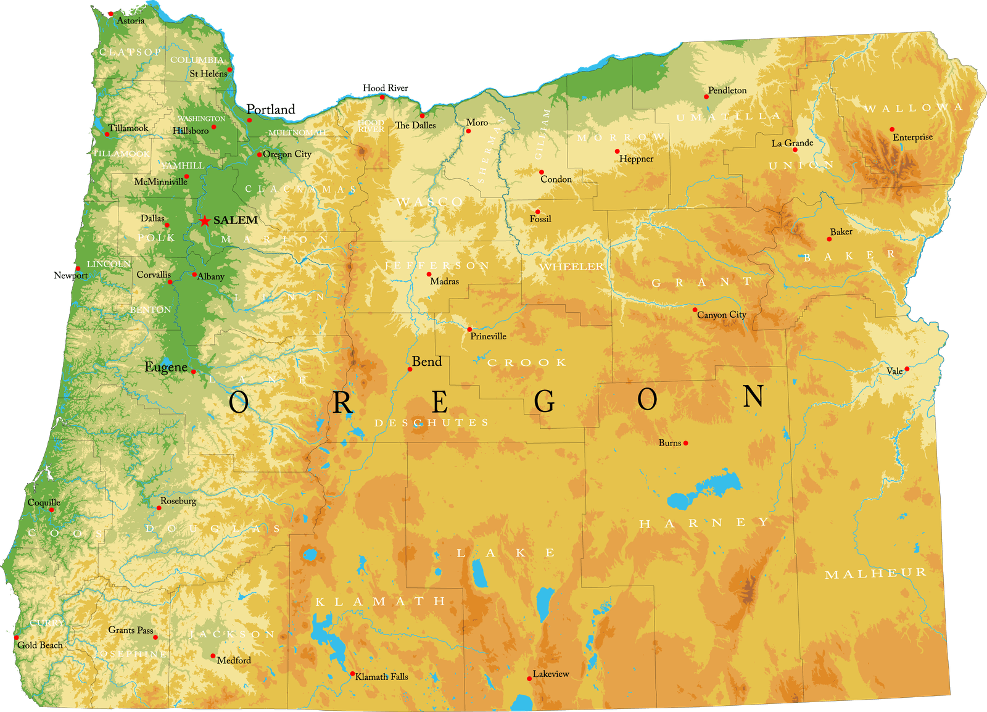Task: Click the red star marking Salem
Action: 205,221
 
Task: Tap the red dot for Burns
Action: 685,443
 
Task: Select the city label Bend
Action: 427,362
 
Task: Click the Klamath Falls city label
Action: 382,677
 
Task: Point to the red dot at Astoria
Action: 111,14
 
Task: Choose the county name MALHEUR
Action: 875,574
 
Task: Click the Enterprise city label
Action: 912,137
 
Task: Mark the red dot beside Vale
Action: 907,369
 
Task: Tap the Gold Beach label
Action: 40,645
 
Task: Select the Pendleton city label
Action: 727,90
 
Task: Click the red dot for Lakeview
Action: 529,679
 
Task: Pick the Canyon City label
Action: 722,315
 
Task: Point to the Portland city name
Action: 271,109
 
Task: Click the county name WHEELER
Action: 572,267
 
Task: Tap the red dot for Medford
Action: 213,656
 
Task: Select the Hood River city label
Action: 385,88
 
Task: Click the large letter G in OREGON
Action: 544,402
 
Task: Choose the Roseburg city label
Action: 178,500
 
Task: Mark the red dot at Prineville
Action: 469,329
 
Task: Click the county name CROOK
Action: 527,363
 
